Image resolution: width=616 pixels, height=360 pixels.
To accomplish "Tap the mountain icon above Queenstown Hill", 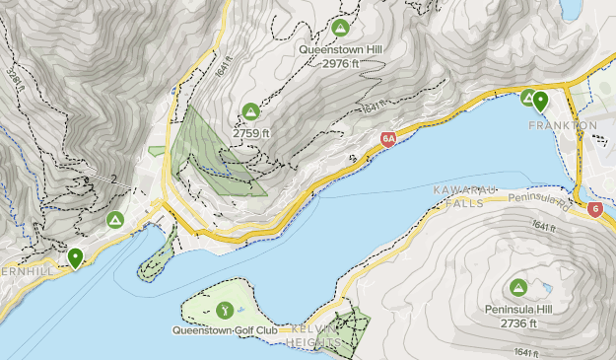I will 341,28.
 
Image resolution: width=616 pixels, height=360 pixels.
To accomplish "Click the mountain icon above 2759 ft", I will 250,111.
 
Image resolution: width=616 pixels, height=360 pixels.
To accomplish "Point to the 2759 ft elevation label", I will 250,131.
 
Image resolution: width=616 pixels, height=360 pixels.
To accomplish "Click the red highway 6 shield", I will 594,209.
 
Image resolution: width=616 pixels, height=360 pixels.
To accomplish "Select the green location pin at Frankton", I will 539,101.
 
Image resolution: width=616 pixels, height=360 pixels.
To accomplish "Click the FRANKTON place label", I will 563,126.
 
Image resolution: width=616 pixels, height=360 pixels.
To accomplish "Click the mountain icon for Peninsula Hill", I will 517,288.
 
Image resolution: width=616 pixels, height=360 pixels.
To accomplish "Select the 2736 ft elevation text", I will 518,324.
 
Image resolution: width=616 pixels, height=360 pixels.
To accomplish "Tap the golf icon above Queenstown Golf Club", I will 225,310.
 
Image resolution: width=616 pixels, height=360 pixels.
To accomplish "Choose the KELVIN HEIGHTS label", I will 314,334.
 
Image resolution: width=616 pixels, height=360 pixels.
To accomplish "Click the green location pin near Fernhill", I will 75,258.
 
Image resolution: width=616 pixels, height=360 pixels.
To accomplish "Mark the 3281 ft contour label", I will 10,73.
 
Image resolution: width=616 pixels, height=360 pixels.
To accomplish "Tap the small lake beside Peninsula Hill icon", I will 540,290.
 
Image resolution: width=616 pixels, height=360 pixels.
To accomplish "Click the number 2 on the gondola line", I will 114,180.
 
